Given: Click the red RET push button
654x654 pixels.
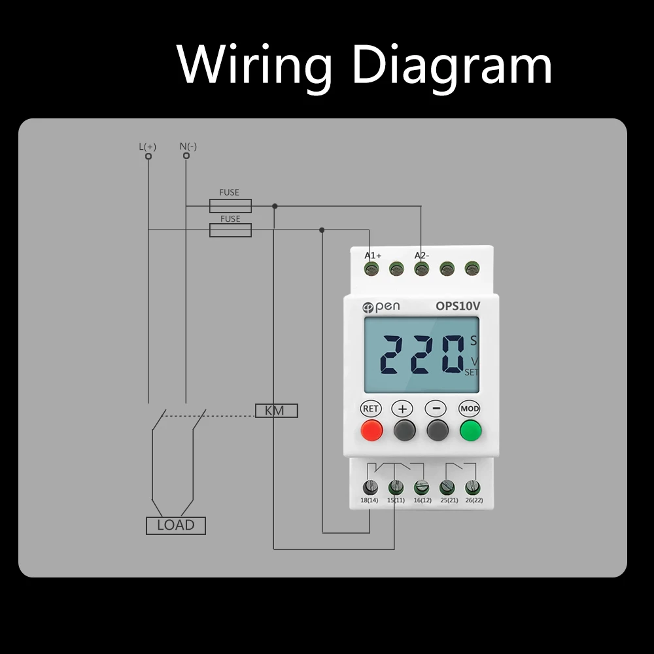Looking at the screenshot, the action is [371, 430].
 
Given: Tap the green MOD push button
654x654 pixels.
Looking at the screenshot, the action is [470, 430].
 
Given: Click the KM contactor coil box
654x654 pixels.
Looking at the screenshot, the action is [276, 411].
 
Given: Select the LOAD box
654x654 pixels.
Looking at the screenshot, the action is [175, 525].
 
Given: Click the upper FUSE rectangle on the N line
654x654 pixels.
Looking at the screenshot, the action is [230, 206].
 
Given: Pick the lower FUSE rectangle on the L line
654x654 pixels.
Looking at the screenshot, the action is [230, 230].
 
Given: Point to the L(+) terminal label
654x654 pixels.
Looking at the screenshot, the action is [148, 146].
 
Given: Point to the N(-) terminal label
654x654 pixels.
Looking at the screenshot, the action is [188, 146].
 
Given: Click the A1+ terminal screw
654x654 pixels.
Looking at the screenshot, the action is [372, 268].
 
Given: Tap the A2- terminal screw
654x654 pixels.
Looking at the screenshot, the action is [421, 268].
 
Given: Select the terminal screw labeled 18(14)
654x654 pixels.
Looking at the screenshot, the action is [370, 487].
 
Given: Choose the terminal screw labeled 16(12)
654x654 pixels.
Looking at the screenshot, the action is [422, 487].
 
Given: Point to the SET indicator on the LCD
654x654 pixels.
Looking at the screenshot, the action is [472, 372].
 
